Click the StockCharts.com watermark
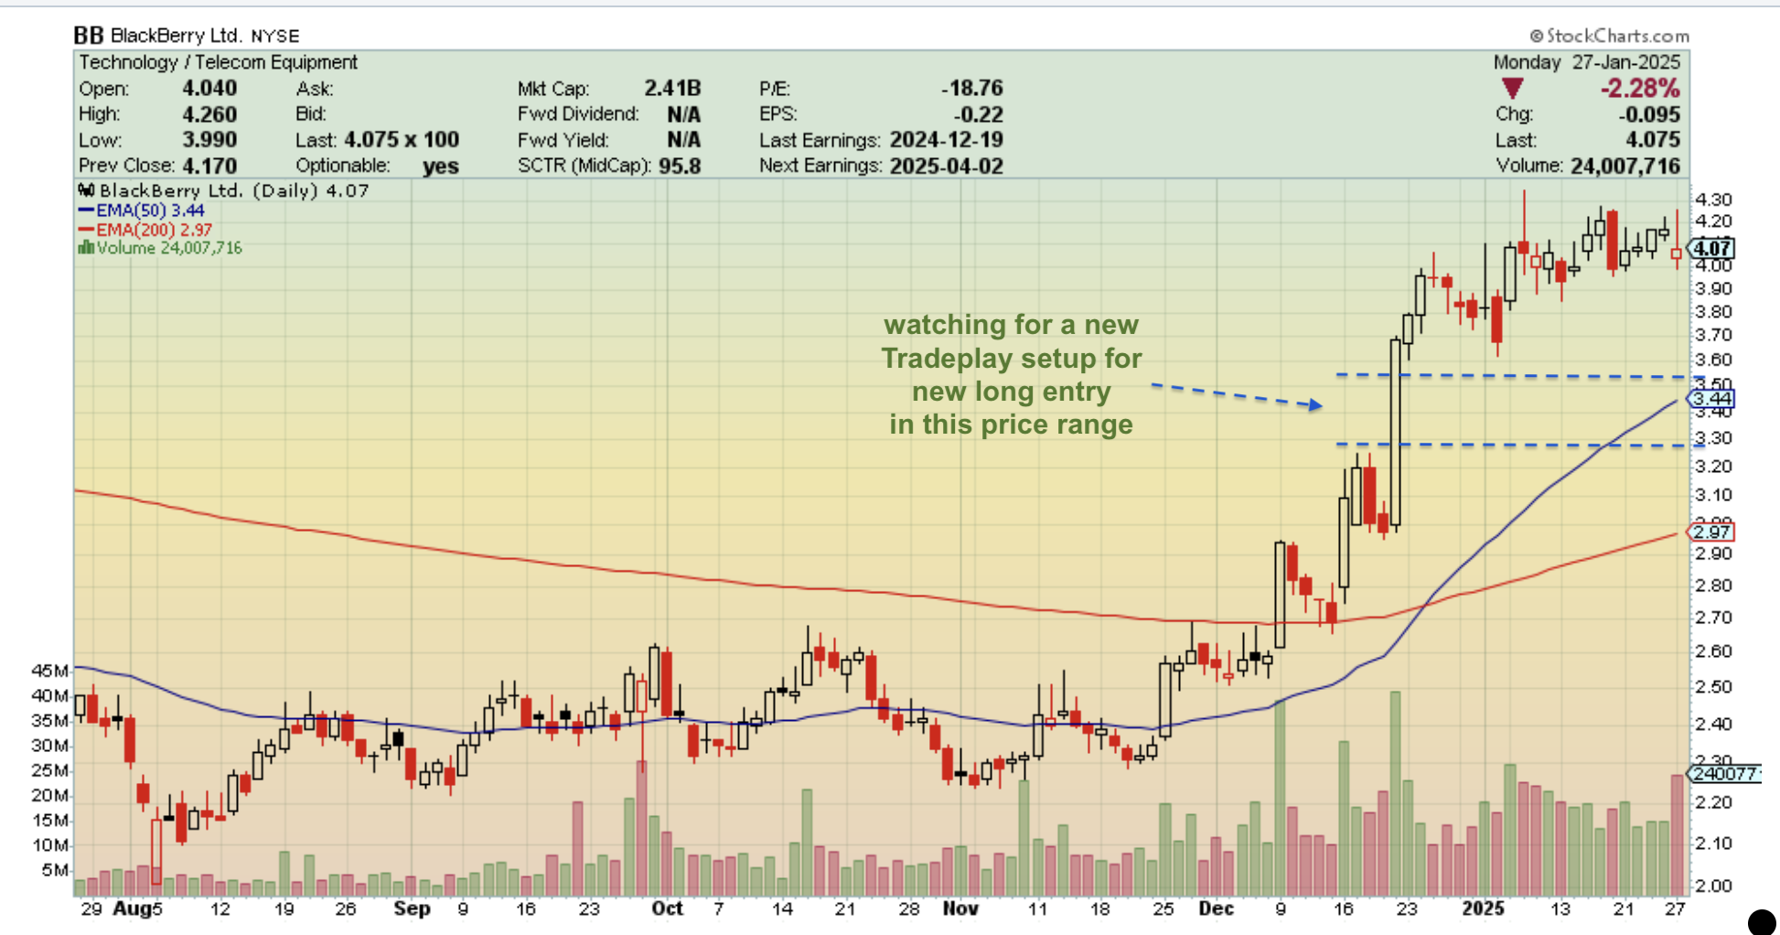click(1609, 36)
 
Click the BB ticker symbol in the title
click(88, 36)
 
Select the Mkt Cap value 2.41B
click(671, 88)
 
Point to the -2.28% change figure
click(1639, 89)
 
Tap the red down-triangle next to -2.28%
click(1512, 89)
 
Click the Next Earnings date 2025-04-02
click(946, 166)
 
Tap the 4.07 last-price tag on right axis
click(1710, 248)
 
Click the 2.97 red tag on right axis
click(1710, 532)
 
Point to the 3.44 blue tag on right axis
click(1710, 399)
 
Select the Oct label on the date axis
click(667, 908)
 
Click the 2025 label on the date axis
click(1482, 908)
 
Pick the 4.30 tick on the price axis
click(1713, 199)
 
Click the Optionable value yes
click(440, 166)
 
